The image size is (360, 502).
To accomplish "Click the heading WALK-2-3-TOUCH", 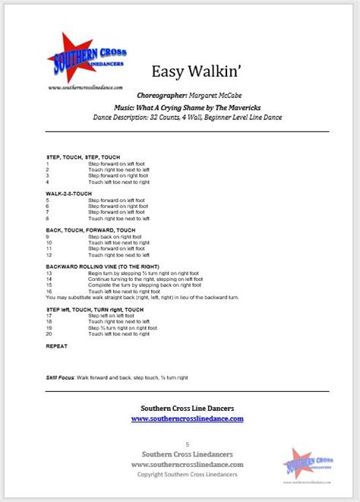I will [x=69, y=194].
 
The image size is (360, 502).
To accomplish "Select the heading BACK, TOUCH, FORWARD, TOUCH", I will [x=90, y=230].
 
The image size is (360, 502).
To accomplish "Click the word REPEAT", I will [x=57, y=346].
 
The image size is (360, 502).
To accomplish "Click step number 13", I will [x=49, y=273].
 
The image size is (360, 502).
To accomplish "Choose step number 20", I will [x=49, y=333].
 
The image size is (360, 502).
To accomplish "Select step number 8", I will [x=47, y=218].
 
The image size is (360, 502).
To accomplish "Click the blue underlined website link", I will [x=188, y=418].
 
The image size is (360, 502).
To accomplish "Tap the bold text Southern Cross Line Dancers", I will [x=188, y=407].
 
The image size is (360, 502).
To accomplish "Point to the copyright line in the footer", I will [x=188, y=474].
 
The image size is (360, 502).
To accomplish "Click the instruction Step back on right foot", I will [x=115, y=237].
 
